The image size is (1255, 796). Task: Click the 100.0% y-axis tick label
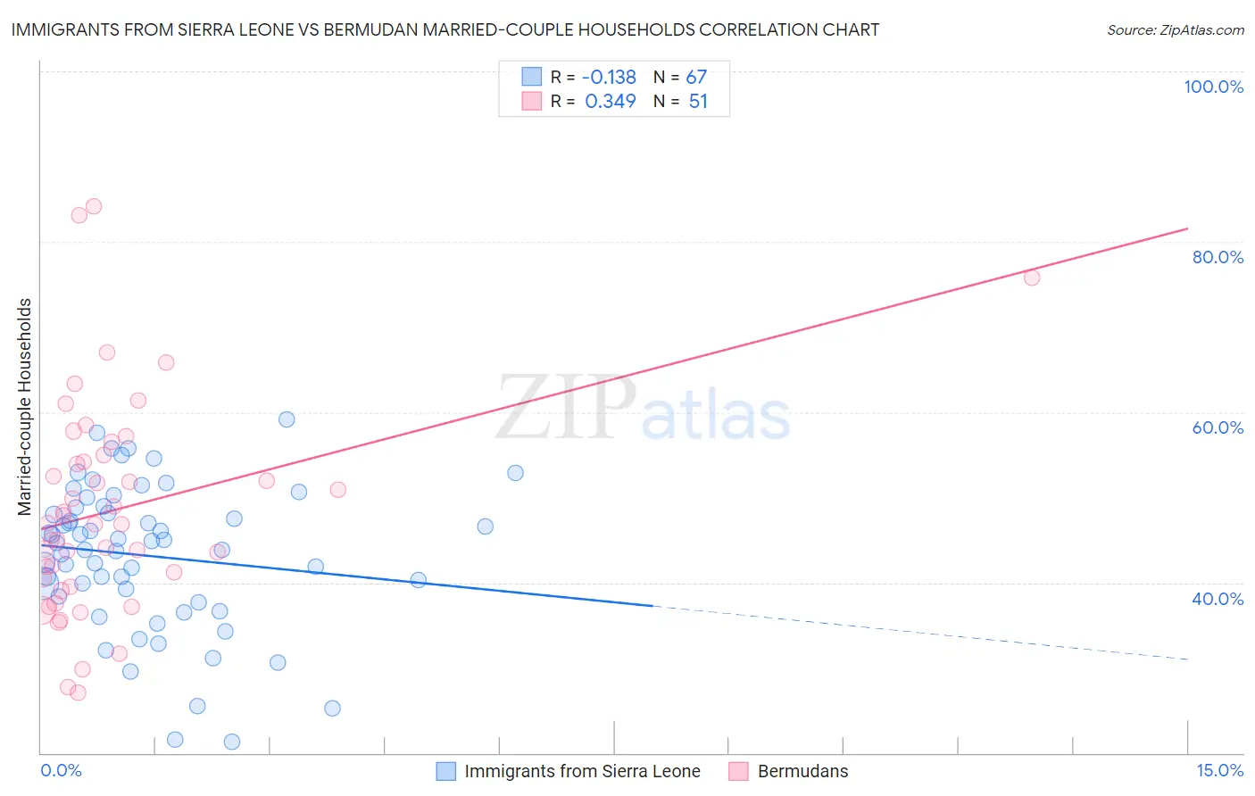pos(1213,87)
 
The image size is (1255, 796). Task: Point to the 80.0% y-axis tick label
pos(1218,257)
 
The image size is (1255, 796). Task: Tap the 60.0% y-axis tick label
pos(1218,427)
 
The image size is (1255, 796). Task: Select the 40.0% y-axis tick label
pos(1218,599)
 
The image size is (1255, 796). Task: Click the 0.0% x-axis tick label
pos(61,771)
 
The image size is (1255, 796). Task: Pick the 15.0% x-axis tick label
pos(1219,771)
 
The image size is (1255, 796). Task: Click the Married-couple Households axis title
pos(25,407)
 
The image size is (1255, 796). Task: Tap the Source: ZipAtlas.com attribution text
pos(1175,30)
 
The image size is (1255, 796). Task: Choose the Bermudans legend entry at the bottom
pos(802,771)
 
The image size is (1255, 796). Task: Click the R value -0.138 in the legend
pos(610,78)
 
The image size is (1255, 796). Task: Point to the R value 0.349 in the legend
pos(611,102)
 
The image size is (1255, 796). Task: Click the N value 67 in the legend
pos(696,78)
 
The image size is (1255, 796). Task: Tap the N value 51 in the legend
pos(698,102)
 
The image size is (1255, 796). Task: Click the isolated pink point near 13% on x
pos(1032,278)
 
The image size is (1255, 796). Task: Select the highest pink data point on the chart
pos(93,206)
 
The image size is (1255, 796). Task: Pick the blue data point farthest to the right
pos(515,473)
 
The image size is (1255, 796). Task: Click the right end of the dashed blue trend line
pos(1187,659)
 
